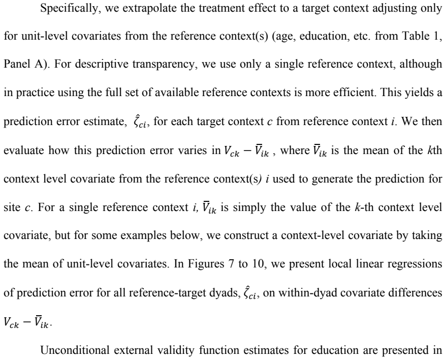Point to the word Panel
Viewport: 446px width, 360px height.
[x=16, y=64]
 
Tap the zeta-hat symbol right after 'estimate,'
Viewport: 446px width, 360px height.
[x=140, y=122]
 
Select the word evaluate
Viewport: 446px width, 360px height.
[x=23, y=150]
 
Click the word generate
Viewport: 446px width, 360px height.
[x=332, y=179]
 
